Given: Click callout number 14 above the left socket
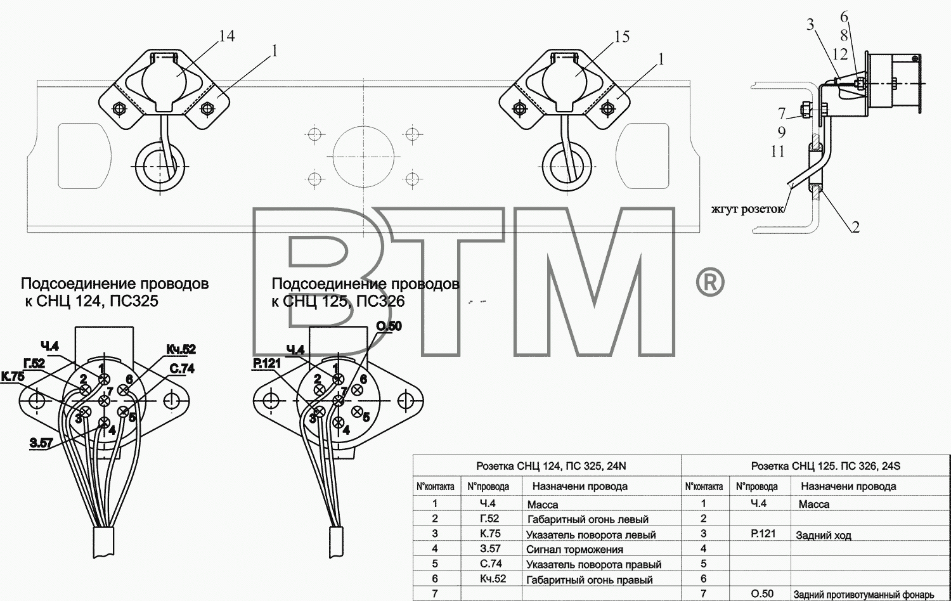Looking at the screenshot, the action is click(x=227, y=36).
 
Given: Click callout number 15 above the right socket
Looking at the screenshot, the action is click(x=622, y=37).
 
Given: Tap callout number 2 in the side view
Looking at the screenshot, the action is click(x=855, y=228).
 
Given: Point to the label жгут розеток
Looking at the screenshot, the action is click(x=747, y=209).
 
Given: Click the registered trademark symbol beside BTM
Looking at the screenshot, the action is click(x=709, y=283).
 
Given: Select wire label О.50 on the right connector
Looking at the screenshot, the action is click(x=389, y=326).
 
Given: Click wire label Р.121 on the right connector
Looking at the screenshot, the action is click(x=267, y=363).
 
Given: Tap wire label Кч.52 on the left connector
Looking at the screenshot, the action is click(x=181, y=349).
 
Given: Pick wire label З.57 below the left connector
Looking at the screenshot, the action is click(x=41, y=444).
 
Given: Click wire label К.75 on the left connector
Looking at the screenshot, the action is click(x=13, y=377).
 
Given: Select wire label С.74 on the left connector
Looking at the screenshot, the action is click(x=182, y=369).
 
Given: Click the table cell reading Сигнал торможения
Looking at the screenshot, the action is click(x=575, y=550).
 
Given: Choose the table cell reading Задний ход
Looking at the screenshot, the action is click(x=824, y=535).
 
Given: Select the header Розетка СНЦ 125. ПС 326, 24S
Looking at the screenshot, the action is click(x=825, y=466).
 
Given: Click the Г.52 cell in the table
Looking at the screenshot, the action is click(x=489, y=518).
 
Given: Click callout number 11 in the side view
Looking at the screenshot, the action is click(x=778, y=152).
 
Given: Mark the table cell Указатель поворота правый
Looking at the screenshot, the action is click(x=594, y=564).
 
